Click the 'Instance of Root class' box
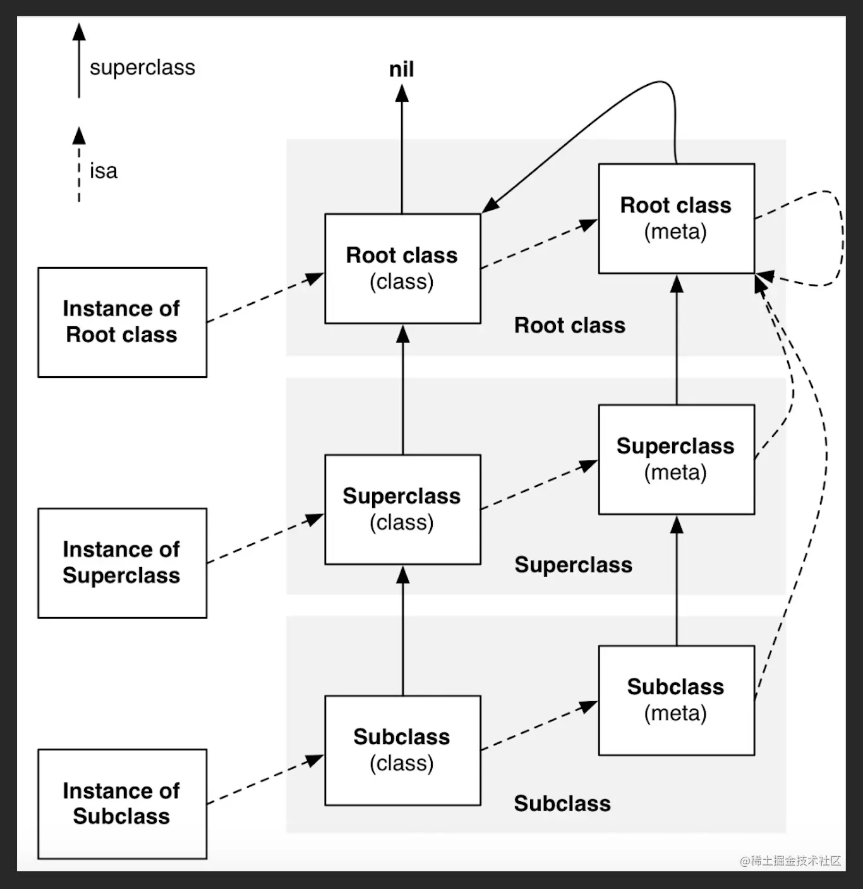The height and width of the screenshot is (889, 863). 122,322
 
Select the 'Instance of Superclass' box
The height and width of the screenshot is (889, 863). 122,563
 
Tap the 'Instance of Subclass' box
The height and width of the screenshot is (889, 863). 122,804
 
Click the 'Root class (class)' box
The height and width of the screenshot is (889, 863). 402,269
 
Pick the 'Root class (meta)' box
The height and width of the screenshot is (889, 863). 676,219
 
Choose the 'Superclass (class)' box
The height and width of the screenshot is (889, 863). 402,510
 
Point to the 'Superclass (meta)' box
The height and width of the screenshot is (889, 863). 676,460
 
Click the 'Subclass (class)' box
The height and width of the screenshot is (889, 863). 402,751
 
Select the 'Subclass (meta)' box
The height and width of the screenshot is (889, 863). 676,701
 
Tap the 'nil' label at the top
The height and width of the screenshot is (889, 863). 402,70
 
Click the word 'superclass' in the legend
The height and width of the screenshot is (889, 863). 142,68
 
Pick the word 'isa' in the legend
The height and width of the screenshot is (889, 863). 104,171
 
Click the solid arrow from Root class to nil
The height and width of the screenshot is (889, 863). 402,152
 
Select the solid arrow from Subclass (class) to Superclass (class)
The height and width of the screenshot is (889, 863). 402,632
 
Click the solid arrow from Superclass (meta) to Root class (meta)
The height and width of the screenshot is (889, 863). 677,341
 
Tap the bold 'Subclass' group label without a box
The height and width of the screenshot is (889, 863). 562,804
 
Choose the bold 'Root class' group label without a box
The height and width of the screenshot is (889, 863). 569,326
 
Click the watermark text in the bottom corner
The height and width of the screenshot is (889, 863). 790,861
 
